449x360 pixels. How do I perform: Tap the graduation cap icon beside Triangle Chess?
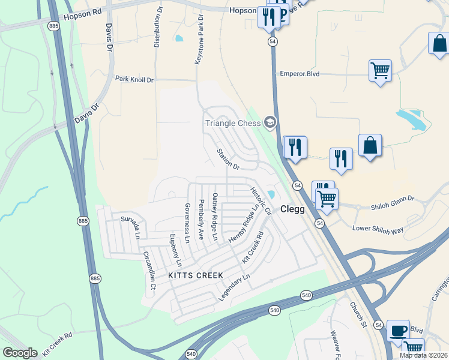pyautogui.click(x=270, y=122)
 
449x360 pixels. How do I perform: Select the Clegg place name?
pyautogui.click(x=293, y=210)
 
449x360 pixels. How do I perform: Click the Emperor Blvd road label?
pyautogui.click(x=300, y=74)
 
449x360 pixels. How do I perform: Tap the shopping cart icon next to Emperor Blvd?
pyautogui.click(x=380, y=71)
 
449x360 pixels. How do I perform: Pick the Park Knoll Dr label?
pyautogui.click(x=134, y=79)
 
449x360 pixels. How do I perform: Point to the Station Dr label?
pyautogui.click(x=228, y=158)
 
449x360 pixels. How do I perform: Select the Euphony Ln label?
pyautogui.click(x=175, y=250)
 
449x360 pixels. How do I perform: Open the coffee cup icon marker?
pyautogui.click(x=398, y=330)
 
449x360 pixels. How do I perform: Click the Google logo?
pyautogui.click(x=20, y=353)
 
